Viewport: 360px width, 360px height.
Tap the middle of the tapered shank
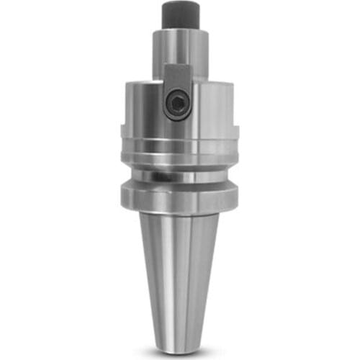tap(179, 274)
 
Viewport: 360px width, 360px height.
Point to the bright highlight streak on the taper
tap(167, 274)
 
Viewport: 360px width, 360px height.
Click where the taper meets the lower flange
tap(179, 215)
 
